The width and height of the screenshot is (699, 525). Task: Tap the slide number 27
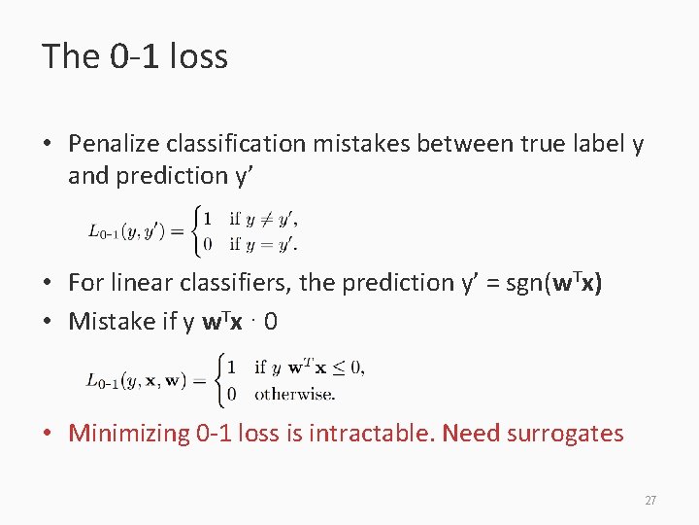(x=650, y=501)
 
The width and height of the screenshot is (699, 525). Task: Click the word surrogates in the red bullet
(x=565, y=434)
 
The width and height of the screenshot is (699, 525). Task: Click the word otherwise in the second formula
(x=294, y=395)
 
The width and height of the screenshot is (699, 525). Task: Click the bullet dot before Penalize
(x=48, y=145)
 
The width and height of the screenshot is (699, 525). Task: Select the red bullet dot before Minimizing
(x=48, y=434)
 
